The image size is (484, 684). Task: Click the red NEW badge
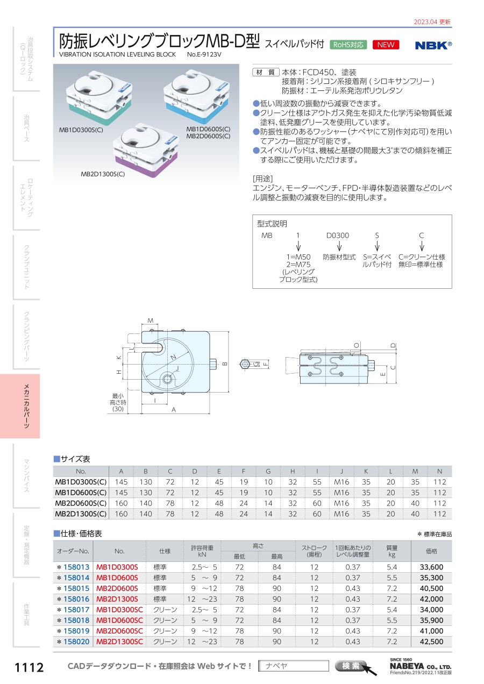[x=386, y=45]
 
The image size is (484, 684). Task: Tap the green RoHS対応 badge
[x=348, y=45]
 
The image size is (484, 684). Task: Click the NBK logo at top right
[x=433, y=45]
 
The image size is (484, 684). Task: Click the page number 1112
[x=29, y=667]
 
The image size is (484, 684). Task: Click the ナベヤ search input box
[x=293, y=666]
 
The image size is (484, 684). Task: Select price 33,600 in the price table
[x=431, y=567]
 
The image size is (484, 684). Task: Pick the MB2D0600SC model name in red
[x=120, y=631]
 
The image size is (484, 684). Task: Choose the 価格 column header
[x=431, y=551]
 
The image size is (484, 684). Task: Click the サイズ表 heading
[x=75, y=459]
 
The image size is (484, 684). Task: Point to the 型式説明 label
[x=272, y=224]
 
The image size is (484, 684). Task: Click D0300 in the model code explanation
[x=338, y=236]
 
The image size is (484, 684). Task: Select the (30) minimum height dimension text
[x=118, y=409]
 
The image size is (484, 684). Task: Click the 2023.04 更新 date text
[x=432, y=22]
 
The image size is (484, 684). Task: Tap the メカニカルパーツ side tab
[x=27, y=406]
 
